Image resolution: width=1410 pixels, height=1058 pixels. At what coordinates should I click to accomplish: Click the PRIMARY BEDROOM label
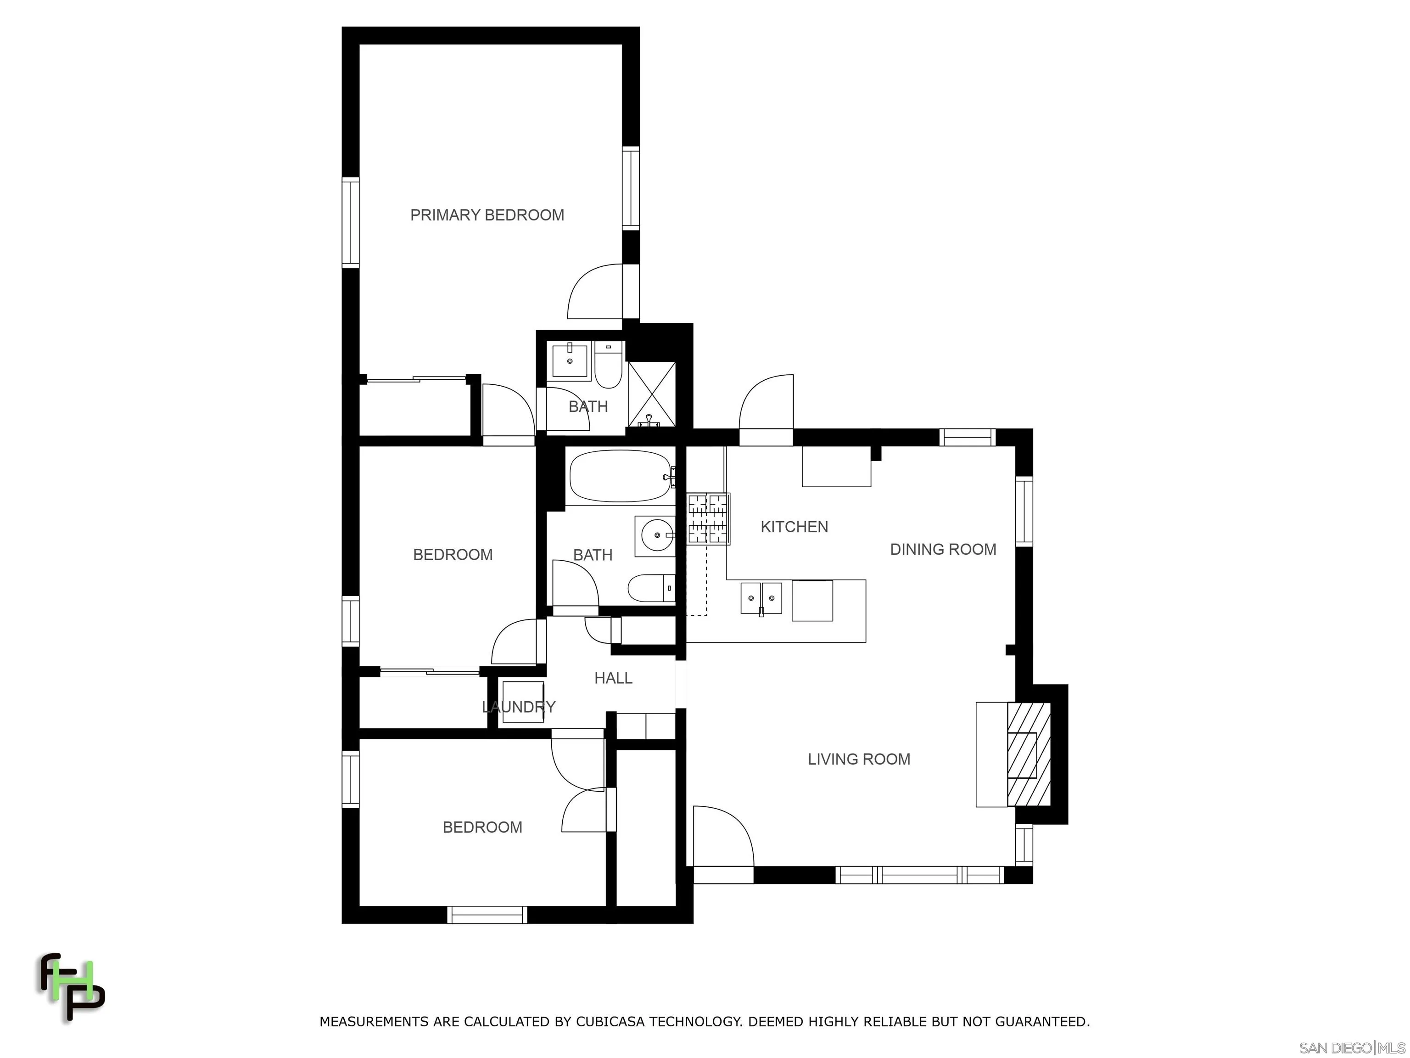(487, 215)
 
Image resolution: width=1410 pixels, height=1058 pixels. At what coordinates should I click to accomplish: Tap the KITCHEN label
(794, 527)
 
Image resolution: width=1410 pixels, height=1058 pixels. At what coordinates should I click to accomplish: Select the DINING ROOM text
(943, 549)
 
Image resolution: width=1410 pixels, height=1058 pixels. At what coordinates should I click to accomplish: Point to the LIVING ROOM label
(859, 759)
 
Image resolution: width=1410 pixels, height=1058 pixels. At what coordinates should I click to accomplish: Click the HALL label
(613, 678)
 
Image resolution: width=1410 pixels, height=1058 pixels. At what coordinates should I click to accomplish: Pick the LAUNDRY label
(518, 707)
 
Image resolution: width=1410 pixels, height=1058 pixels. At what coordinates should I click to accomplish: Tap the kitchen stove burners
(708, 519)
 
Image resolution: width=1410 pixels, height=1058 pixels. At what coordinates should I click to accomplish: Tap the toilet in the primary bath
(609, 367)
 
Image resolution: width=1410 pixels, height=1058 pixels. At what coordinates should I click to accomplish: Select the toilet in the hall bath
(651, 588)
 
